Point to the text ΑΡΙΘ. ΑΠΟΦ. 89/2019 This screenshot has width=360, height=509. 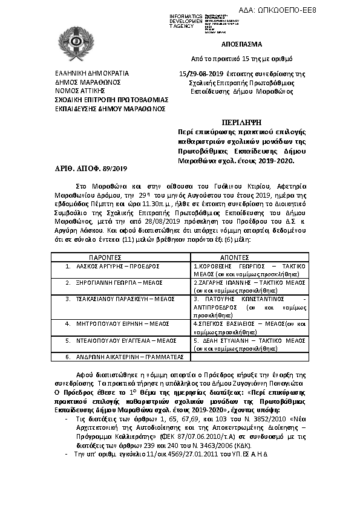(x=86, y=167)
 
